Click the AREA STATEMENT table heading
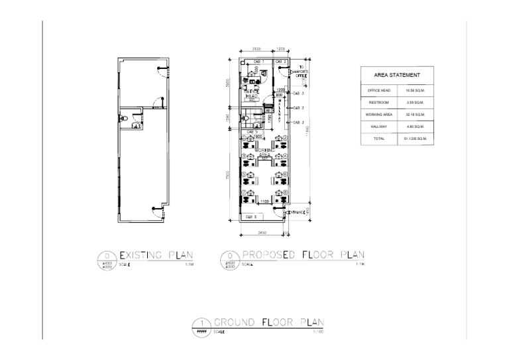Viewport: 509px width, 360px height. pyautogui.click(x=397, y=75)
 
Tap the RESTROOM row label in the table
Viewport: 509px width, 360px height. pyautogui.click(x=378, y=102)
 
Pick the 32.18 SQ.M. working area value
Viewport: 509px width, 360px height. pyautogui.click(x=416, y=115)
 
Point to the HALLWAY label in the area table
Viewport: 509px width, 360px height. pyautogui.click(x=378, y=127)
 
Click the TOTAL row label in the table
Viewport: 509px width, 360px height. pyautogui.click(x=378, y=139)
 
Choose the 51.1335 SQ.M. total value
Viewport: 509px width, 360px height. pyautogui.click(x=416, y=139)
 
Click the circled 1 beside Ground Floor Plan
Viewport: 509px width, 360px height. pyautogui.click(x=199, y=324)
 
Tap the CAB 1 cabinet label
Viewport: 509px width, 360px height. pyautogui.click(x=259, y=62)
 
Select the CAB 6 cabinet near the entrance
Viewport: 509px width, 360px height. pyautogui.click(x=251, y=217)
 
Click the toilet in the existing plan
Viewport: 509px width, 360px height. pyautogui.click(x=136, y=122)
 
